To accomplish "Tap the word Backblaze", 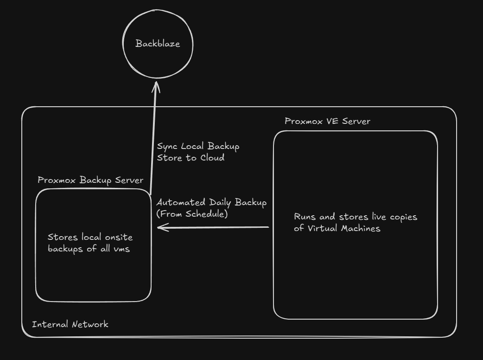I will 157,44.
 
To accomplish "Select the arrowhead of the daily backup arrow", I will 161,227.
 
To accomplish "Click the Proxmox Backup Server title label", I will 90,180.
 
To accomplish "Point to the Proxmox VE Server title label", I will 327,122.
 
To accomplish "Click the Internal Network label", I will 70,324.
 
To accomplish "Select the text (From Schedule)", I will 192,214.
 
